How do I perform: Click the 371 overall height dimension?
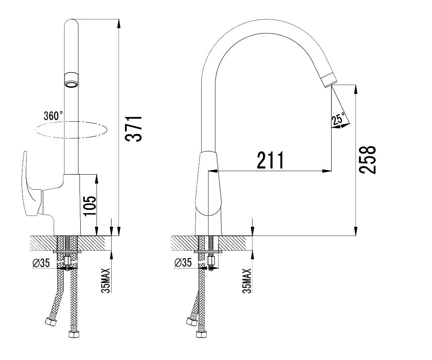tap(134, 129)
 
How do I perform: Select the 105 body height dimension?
tap(90, 206)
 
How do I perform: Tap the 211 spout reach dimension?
tap(270, 160)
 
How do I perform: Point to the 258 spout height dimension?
tap(367, 160)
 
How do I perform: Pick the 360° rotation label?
tap(53, 116)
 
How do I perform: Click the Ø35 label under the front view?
tap(41, 263)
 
